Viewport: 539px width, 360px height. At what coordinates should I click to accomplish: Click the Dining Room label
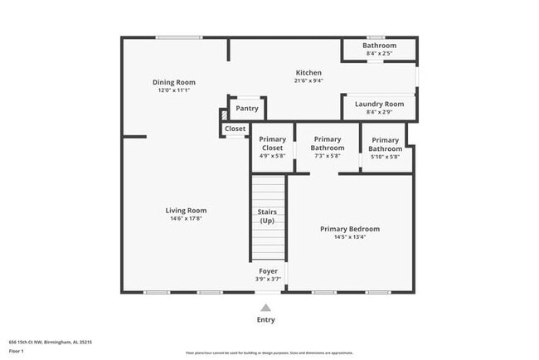coord(173,81)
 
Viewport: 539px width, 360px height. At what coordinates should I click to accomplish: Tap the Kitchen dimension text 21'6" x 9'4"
coord(308,81)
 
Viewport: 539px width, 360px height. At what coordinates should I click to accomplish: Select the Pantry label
coord(246,109)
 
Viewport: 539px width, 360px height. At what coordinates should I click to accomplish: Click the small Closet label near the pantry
coord(235,129)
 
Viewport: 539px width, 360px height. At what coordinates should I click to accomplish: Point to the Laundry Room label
coord(379,104)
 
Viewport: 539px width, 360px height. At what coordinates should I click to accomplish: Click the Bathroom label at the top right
coord(379,45)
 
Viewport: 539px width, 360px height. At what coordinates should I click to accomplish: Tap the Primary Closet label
coord(272,144)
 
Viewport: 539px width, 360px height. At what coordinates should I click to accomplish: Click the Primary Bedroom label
coord(350,229)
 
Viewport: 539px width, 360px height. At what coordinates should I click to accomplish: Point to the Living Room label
coord(186,211)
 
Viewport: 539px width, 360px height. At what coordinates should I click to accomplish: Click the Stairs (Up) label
coord(267,216)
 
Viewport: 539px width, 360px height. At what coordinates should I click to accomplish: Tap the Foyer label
coord(268,270)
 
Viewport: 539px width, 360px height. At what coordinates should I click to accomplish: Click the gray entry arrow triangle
coord(265,306)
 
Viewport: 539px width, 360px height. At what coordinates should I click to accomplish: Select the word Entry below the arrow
coord(265,319)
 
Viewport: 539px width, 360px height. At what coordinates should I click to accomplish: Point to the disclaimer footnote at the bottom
coord(269,353)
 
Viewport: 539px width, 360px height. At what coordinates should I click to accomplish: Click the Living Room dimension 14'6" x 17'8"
coord(186,219)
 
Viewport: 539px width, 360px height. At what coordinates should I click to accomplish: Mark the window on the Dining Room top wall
coord(179,37)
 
